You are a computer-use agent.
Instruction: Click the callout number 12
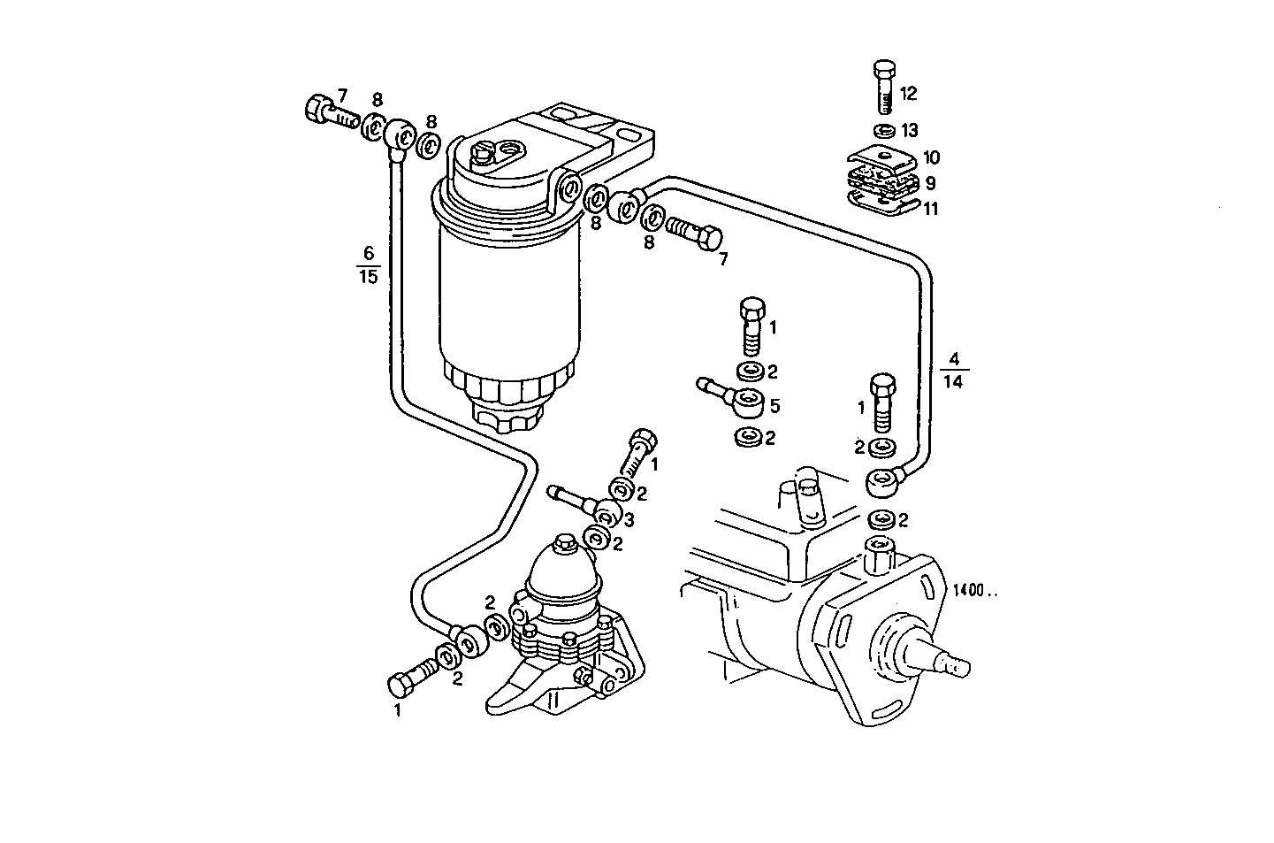point(909,93)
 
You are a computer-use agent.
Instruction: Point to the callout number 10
point(931,158)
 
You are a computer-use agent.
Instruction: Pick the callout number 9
point(930,184)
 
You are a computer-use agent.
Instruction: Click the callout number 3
point(629,520)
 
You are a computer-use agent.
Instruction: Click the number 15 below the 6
point(369,277)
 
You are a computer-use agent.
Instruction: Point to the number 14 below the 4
point(954,381)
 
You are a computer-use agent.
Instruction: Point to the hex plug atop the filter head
point(483,157)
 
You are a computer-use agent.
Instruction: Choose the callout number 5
point(774,406)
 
